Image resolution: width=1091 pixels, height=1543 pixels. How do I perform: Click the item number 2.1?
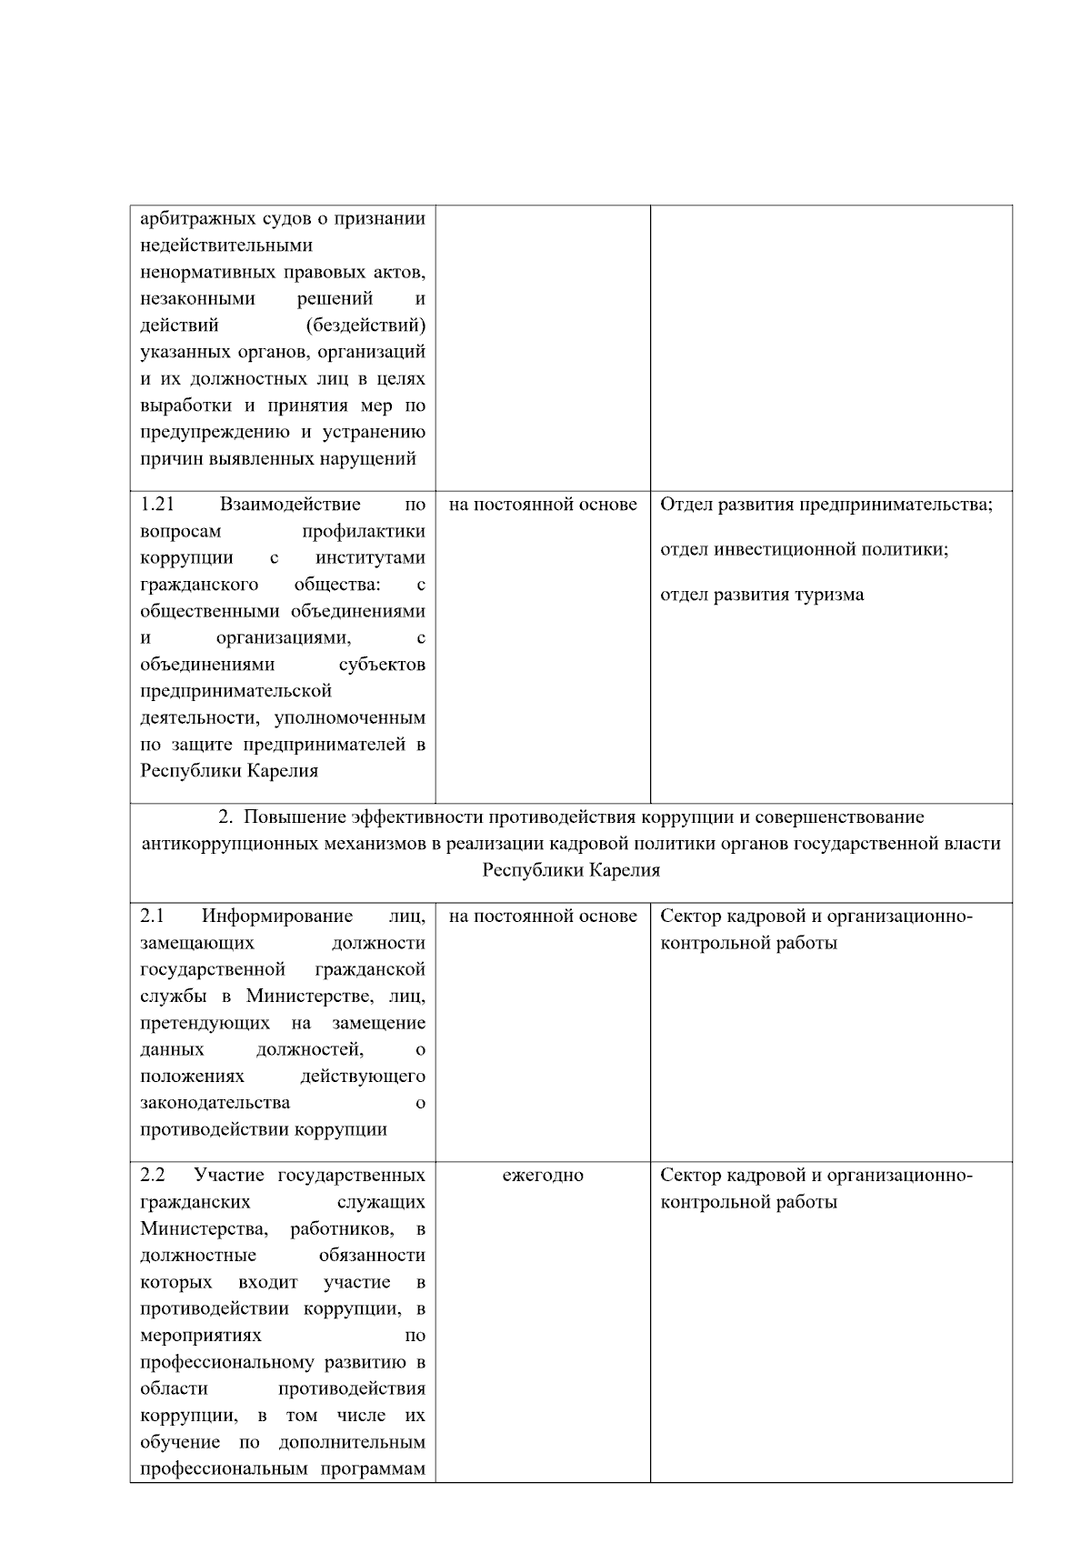coord(152,917)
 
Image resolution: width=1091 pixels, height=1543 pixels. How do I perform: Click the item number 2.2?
coord(152,1176)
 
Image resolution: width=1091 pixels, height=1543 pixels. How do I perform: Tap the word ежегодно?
coord(543,1176)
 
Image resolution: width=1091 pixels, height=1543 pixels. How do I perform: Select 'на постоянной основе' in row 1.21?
coord(543,505)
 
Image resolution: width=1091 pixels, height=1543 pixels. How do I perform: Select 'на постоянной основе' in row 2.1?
coord(543,917)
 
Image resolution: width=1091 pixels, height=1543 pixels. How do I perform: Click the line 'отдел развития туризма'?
coord(762,596)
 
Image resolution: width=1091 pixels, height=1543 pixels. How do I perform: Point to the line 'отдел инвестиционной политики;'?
coord(804,550)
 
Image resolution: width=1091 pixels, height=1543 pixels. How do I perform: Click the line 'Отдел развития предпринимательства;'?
coord(826,505)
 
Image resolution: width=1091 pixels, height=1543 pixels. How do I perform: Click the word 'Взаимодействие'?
coord(289,505)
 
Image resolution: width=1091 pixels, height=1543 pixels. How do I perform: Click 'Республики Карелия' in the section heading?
coord(570,871)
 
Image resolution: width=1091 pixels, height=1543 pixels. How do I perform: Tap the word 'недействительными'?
coord(226,245)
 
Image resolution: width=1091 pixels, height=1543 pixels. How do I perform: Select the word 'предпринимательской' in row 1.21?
coord(235,691)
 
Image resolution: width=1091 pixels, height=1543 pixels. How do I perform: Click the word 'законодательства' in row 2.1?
coord(215,1103)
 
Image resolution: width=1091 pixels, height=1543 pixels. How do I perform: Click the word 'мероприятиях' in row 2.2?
coord(201,1336)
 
